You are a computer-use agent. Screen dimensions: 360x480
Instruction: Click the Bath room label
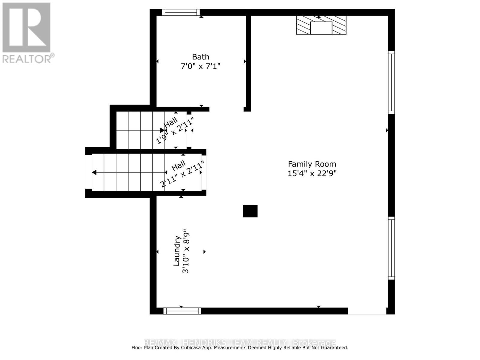200,57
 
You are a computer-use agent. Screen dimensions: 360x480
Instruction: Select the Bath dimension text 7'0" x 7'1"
200,66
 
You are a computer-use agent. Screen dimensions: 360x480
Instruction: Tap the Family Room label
312,164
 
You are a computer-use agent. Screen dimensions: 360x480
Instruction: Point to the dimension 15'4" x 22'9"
312,173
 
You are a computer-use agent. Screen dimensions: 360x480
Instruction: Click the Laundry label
177,251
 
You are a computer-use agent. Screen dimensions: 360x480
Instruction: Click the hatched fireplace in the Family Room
321,25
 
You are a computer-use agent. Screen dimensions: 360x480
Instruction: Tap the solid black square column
250,211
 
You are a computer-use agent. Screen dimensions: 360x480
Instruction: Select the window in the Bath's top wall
181,12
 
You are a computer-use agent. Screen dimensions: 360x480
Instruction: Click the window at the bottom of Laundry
182,311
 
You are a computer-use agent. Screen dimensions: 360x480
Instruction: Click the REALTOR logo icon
26,27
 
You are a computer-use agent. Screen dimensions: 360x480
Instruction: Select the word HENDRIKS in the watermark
204,343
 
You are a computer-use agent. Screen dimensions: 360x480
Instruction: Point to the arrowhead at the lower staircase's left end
94,172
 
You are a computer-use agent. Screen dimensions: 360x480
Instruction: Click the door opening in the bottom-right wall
367,311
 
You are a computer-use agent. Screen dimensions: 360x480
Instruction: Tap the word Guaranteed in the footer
332,348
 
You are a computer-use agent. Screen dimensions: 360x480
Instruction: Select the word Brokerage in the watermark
314,343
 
